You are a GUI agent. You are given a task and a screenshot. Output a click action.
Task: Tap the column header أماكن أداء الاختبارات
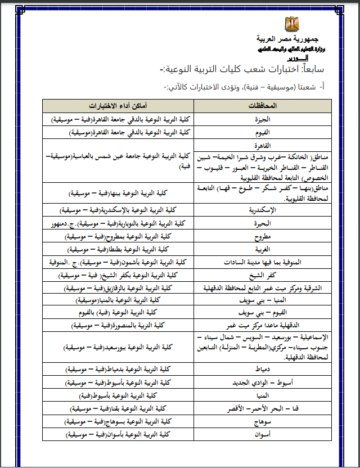118,106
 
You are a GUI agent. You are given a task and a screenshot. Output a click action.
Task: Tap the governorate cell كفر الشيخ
259,274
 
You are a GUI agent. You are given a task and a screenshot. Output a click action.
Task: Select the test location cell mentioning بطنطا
118,248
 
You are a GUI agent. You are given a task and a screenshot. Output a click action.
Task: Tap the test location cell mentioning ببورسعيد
118,348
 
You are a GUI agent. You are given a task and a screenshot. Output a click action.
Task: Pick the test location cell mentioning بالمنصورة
118,325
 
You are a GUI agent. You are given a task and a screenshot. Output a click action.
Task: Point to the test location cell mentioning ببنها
118,192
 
